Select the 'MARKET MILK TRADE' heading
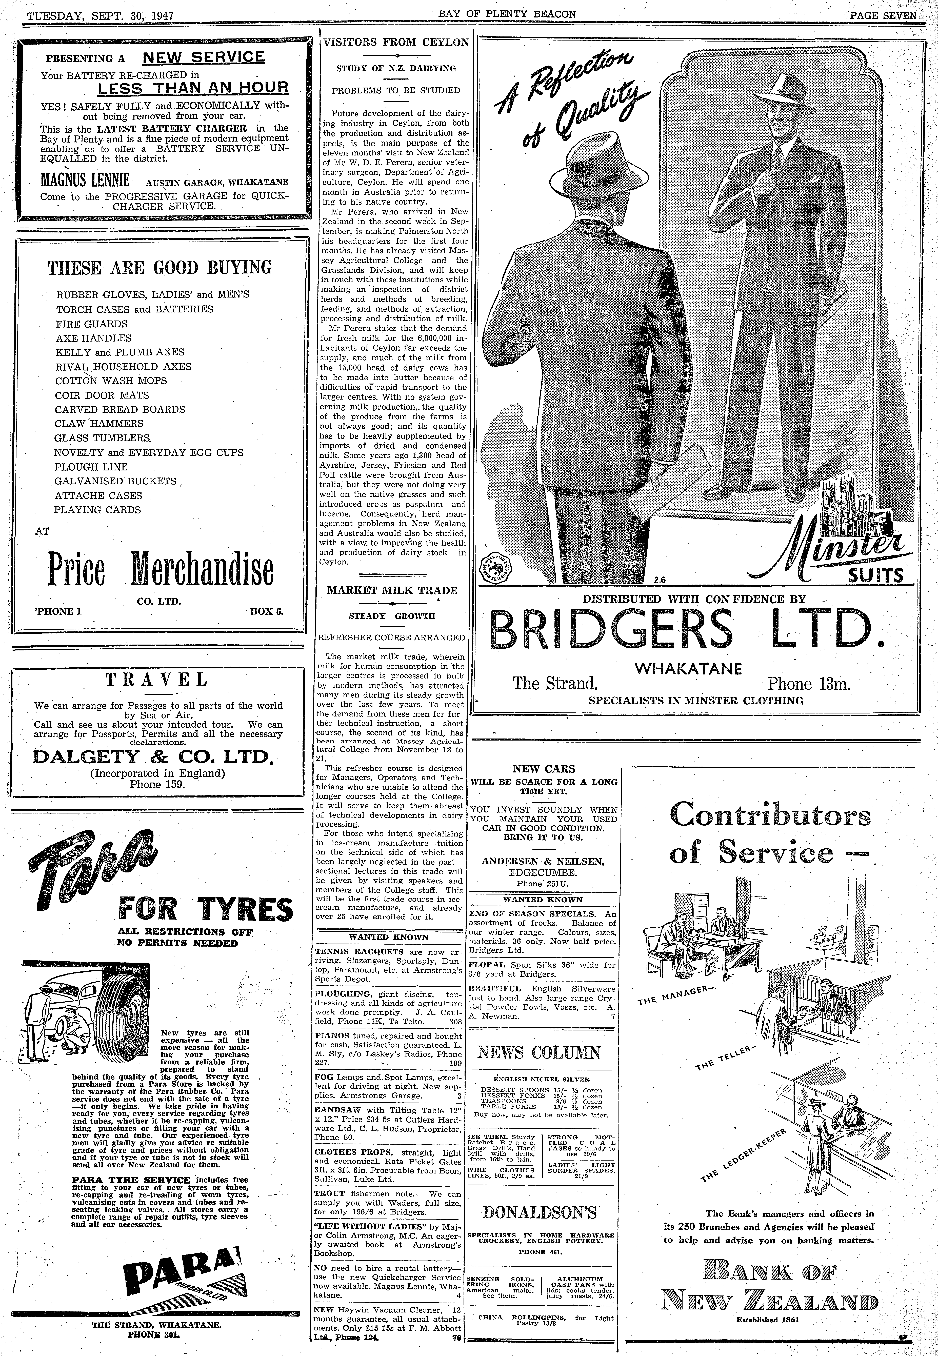392,590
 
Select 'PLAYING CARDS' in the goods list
97,510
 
